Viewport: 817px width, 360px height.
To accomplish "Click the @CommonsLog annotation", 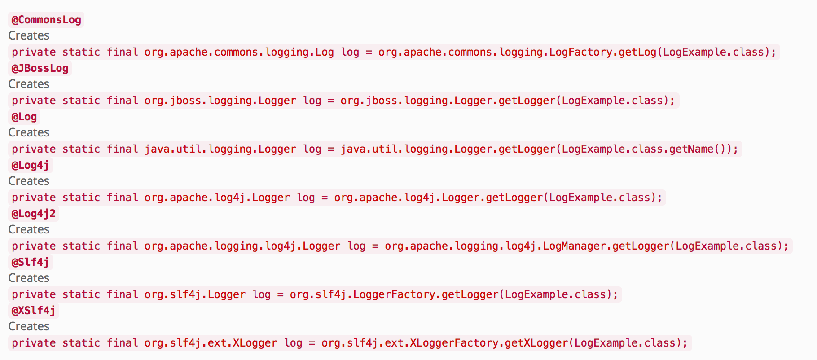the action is [46, 20].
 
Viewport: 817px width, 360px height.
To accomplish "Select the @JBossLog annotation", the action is [40, 68].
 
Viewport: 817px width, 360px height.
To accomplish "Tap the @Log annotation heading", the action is [24, 117].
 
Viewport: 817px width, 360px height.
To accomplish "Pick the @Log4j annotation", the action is [31, 165].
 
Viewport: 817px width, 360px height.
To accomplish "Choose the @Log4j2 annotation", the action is [34, 214].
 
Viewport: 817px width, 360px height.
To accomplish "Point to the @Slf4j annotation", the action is [31, 262].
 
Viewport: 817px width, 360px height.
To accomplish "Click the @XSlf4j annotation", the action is [34, 311].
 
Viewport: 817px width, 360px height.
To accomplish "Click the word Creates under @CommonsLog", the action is [29, 35].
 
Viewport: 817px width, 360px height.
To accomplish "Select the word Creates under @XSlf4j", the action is [29, 326].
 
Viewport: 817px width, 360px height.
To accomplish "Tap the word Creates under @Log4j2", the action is [29, 229].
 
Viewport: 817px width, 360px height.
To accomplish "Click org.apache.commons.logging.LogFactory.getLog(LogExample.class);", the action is [577, 52].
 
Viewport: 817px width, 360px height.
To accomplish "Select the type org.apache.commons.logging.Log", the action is [239, 52].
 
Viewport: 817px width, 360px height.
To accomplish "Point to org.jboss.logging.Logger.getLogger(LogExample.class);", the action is [508, 101].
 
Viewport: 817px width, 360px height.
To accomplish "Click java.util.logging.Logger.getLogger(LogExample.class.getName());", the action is [540, 149].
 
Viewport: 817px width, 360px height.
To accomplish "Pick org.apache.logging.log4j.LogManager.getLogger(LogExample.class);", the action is [587, 246].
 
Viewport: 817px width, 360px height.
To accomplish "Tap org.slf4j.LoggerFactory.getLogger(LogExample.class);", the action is [454, 294].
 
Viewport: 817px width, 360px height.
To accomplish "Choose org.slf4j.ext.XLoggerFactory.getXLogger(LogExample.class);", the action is [505, 343].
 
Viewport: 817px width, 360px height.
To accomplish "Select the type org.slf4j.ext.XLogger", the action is [211, 343].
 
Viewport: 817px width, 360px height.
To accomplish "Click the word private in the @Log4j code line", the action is [34, 198].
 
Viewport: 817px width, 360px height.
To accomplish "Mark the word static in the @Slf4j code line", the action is [81, 294].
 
